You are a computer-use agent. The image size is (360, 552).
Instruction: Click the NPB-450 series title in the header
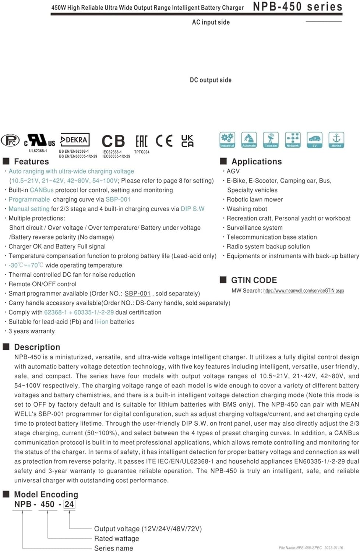click(297, 7)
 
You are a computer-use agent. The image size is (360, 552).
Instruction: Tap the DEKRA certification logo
click(75, 140)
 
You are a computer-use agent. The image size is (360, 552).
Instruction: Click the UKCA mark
click(187, 141)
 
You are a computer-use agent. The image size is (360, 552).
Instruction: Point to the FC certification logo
click(10, 141)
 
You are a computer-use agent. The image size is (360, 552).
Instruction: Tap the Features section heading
click(31, 162)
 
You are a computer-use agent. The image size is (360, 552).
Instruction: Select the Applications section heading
click(257, 162)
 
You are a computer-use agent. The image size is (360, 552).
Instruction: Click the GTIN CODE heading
click(254, 280)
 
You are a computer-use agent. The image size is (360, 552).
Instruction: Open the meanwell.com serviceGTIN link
click(304, 291)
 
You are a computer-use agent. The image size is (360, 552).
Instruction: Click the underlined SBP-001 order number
click(138, 294)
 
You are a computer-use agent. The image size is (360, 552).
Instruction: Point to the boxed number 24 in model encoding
click(69, 504)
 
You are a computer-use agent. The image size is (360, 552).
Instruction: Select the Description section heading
click(37, 347)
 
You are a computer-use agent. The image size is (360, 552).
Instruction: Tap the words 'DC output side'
click(211, 80)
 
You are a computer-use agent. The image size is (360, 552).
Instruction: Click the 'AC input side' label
click(211, 22)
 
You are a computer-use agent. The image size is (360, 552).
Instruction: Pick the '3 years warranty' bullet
click(32, 331)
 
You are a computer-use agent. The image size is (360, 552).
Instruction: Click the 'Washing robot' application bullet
click(247, 209)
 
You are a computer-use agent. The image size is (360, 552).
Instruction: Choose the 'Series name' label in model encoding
click(113, 548)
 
